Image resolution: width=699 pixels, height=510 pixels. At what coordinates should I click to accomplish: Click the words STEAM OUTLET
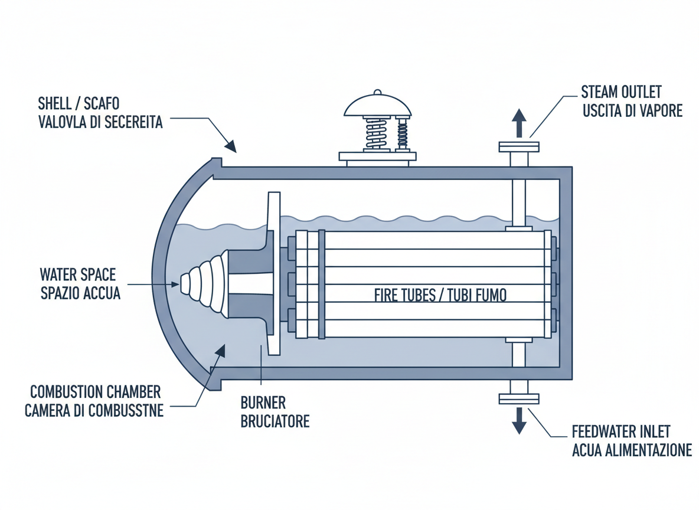621,92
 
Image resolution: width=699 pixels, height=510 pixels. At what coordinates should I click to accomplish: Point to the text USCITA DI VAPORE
632,110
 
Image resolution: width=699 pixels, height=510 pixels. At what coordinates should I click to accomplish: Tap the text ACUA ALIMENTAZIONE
632,450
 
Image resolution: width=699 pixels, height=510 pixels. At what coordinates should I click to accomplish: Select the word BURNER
263,403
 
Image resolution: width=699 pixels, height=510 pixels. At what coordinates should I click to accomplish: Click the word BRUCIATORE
275,422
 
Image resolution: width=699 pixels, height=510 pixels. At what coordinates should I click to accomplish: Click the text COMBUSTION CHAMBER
95,392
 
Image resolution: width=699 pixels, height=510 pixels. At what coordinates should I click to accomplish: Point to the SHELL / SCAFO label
79,104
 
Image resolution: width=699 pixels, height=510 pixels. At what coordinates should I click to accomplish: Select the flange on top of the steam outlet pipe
519,147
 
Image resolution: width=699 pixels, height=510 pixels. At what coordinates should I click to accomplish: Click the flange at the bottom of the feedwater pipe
519,400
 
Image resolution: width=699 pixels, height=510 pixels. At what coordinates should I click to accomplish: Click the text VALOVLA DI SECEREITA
100,123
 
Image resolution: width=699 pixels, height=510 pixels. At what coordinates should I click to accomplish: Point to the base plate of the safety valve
378,156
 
